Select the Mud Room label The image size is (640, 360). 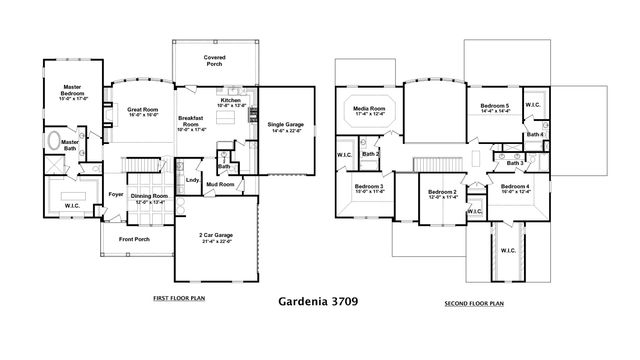pos(221,185)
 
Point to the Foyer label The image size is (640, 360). pos(117,195)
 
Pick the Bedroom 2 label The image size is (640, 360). pos(442,194)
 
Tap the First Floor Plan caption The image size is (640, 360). pos(180,299)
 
